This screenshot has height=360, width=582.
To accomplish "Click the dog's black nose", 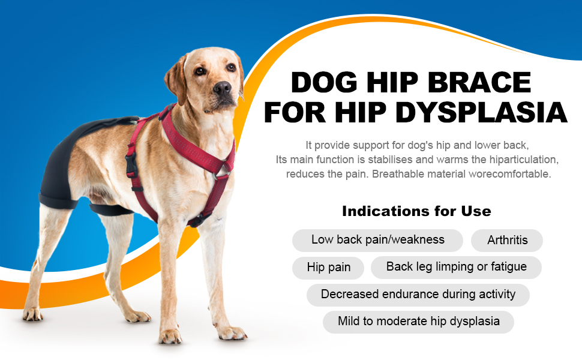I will (223, 89).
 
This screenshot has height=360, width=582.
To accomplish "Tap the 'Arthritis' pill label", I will (507, 240).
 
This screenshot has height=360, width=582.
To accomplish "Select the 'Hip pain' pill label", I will (328, 268).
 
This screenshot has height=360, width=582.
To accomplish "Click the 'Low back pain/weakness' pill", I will (377, 240).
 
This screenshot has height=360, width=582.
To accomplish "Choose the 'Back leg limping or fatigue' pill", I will (456, 267).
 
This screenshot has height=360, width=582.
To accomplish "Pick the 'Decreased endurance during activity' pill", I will (418, 295).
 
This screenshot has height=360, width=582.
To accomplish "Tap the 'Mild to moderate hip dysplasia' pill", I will (418, 322).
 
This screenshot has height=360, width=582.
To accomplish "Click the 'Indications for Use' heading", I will (416, 211).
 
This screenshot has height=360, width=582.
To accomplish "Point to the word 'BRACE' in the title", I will (477, 83).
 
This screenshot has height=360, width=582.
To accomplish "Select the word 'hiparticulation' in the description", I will (519, 160).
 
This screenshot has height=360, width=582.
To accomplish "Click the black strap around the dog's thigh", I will (111, 209).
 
